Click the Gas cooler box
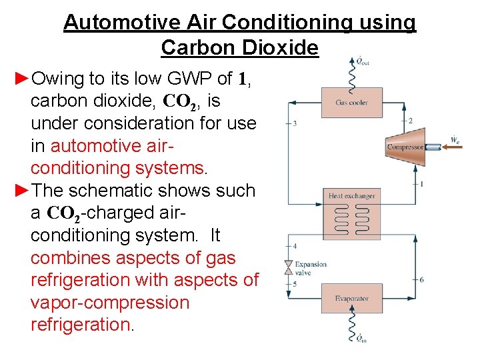[x=351, y=102]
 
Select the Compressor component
[x=405, y=147]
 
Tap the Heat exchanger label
[x=352, y=196]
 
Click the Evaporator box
[x=352, y=298]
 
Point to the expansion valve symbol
[x=289, y=268]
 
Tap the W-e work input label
[x=455, y=140]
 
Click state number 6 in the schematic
[x=421, y=279]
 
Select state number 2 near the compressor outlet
[x=411, y=121]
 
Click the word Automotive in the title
[x=113, y=23]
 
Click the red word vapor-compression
[x=110, y=303]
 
